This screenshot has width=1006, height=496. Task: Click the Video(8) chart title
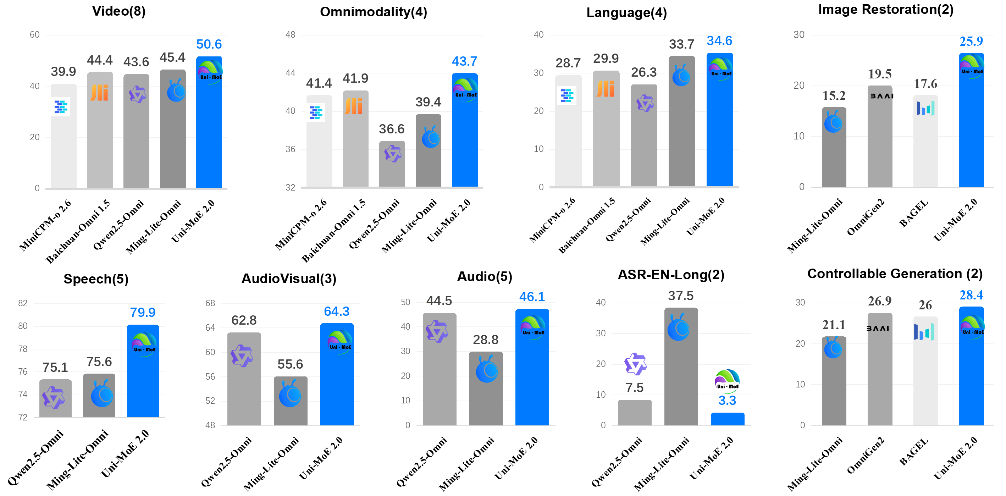click(119, 11)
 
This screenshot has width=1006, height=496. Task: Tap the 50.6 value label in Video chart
click(209, 44)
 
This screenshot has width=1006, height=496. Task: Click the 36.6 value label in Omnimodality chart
click(392, 129)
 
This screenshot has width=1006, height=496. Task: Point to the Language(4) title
click(626, 12)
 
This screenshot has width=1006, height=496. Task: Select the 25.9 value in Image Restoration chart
click(971, 42)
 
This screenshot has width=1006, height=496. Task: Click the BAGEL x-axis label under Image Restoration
click(914, 213)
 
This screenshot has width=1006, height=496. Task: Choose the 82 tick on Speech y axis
click(23, 303)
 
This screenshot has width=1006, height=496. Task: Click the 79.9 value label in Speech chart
click(143, 313)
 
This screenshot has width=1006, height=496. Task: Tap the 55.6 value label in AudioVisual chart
click(290, 364)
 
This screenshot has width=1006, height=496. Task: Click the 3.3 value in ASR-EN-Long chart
click(727, 400)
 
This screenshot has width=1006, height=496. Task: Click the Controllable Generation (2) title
click(895, 274)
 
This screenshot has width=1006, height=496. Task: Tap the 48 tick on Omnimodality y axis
click(290, 34)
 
